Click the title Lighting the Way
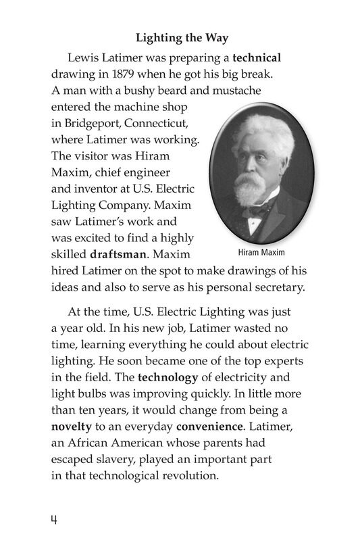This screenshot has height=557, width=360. [180, 38]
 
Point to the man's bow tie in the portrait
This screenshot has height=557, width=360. [259, 209]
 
